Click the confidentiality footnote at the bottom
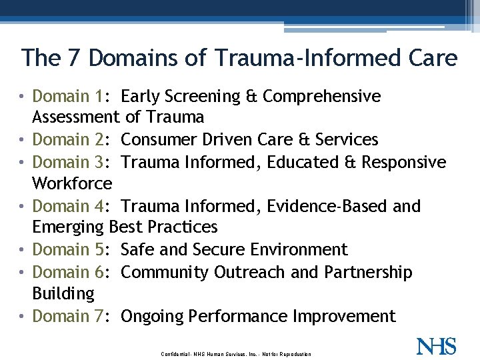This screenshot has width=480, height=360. (x=236, y=353)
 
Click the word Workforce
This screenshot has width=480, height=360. (x=72, y=183)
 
